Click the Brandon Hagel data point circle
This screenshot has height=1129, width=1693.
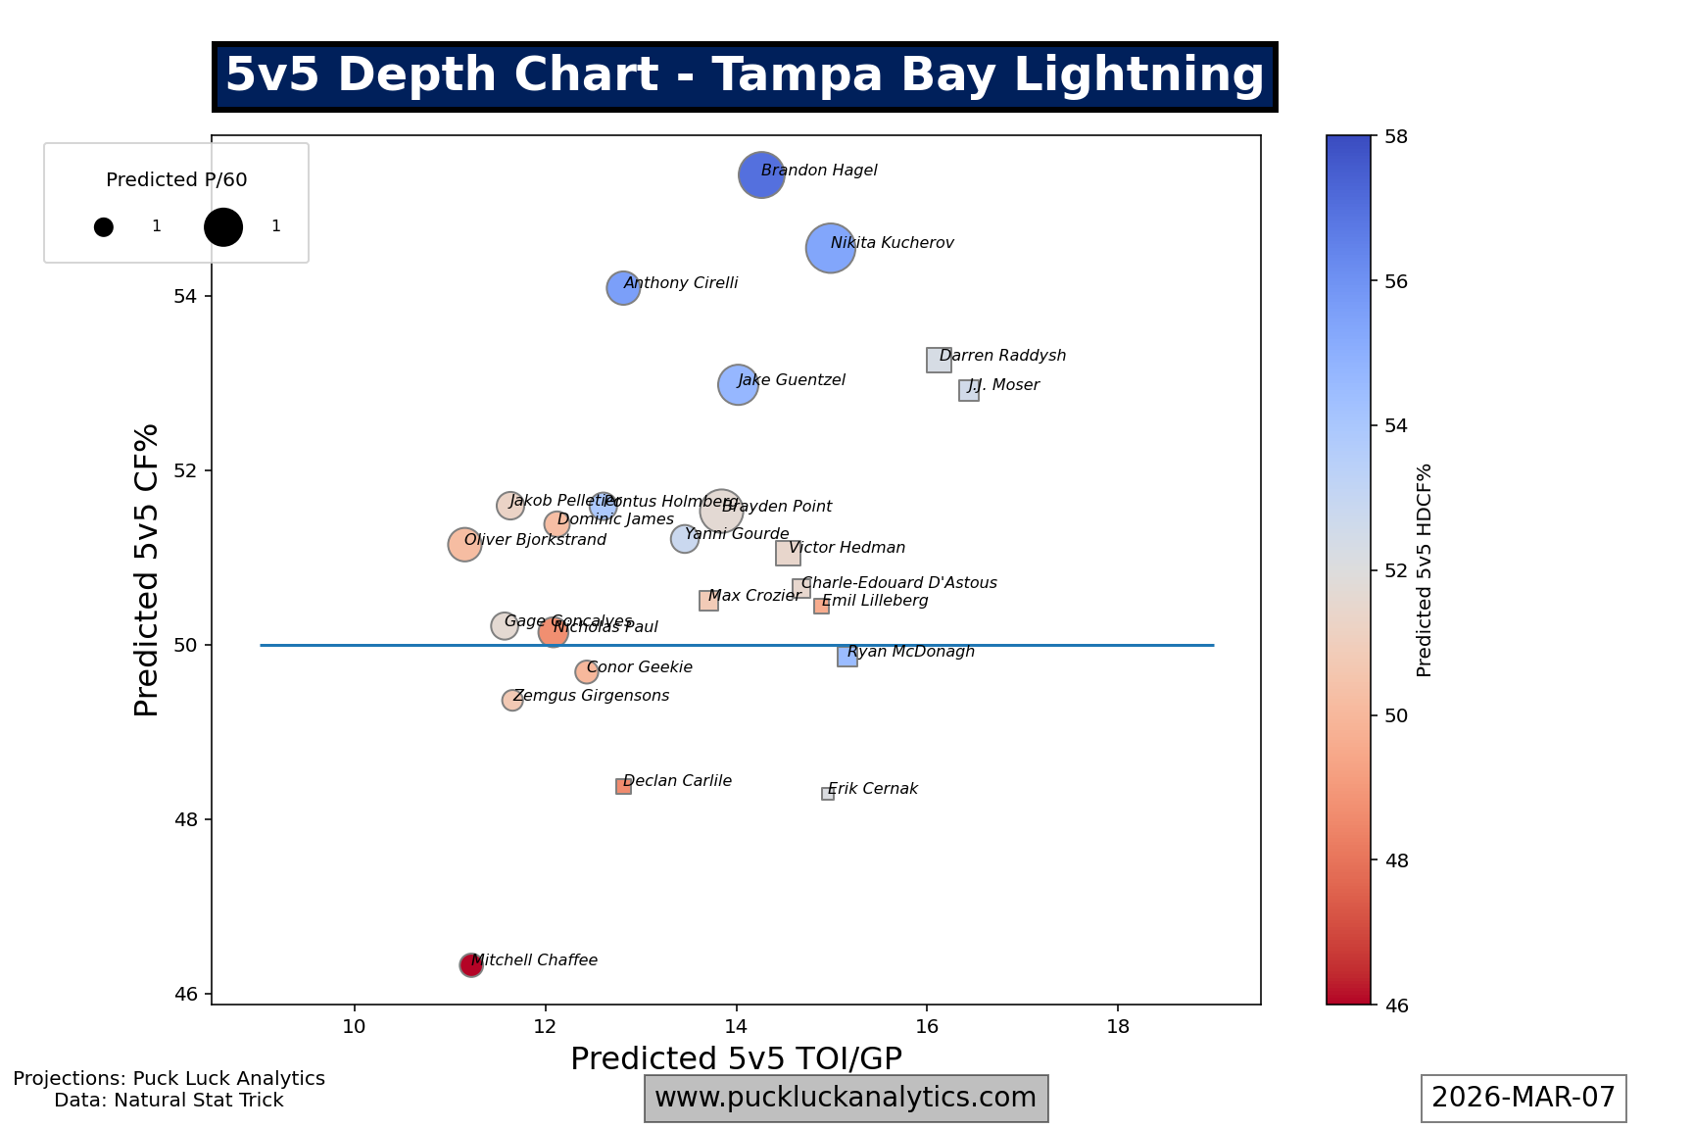click(761, 175)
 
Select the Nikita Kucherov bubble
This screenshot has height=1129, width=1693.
click(831, 249)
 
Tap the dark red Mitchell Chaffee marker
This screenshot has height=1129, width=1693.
click(471, 965)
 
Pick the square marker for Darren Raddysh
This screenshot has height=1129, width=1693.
click(939, 360)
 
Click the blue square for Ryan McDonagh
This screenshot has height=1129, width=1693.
click(847, 657)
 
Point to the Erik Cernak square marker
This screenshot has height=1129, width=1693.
click(828, 794)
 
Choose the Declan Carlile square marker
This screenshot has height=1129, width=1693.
click(623, 786)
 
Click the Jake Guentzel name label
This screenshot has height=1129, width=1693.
click(792, 380)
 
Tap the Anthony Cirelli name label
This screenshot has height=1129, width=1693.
click(681, 283)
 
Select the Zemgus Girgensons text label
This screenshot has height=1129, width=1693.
click(592, 696)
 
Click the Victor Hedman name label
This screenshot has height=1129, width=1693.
click(846, 548)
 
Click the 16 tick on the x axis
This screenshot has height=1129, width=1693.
click(927, 1026)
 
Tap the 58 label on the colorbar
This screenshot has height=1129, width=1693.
click(1396, 136)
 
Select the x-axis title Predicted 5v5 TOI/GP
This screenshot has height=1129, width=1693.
click(736, 1058)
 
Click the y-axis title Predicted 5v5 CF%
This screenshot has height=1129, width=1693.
click(147, 569)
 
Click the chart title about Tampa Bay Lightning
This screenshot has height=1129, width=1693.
click(745, 75)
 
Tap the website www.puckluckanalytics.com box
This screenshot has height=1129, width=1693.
click(846, 1098)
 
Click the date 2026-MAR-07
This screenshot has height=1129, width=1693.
click(1524, 1098)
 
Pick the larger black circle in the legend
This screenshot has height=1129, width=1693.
click(223, 226)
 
